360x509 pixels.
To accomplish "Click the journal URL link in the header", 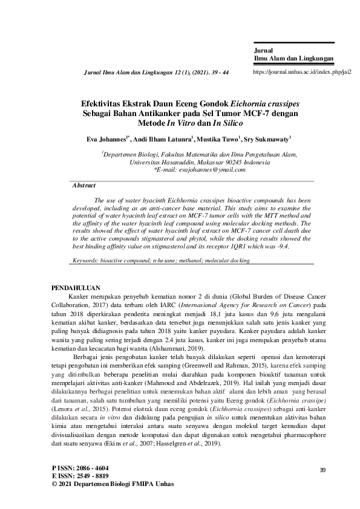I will coord(301,71).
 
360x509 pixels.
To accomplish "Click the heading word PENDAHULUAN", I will coord(76,288).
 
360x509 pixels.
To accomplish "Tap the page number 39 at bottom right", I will coord(322,470).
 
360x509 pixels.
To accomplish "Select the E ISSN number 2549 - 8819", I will coord(88,476).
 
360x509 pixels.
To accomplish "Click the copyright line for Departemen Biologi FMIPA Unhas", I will coord(109,485).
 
